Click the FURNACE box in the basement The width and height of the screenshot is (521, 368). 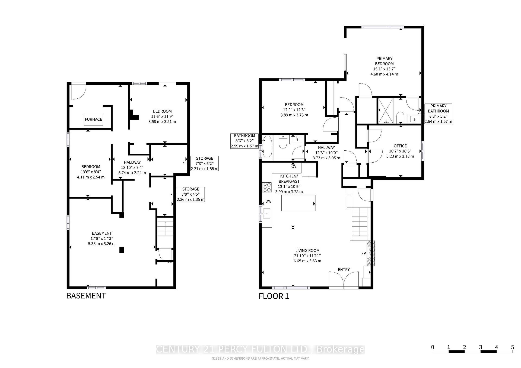pos(93,119)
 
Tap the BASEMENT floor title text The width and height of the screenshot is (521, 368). pos(86,296)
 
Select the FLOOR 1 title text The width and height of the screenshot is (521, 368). pos(274,296)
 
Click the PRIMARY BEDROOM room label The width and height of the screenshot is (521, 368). pos(384,61)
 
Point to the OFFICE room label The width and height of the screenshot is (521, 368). pos(400,146)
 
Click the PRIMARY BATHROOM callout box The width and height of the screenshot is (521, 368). pos(438,114)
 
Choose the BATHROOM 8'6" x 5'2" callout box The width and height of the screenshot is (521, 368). pos(244,141)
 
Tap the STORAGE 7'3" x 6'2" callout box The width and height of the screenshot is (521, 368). pos(205,163)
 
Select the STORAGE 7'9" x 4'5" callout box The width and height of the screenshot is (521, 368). pos(190,194)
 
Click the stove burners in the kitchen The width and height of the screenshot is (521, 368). pos(267,187)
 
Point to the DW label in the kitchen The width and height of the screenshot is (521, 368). pos(268,201)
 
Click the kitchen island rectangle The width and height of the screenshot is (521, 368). pos(298,203)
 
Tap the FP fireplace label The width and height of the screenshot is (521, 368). pos(364,253)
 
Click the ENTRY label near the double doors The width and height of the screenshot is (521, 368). pos(344,269)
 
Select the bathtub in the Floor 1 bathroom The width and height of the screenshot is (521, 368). pos(267,147)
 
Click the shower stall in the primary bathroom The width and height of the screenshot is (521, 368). pos(385,111)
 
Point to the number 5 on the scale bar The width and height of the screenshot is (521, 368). pos(512,347)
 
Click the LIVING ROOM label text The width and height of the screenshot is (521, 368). pos(307,251)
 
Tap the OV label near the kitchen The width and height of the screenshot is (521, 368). pos(294,166)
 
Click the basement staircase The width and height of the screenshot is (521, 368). pos(165,232)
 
